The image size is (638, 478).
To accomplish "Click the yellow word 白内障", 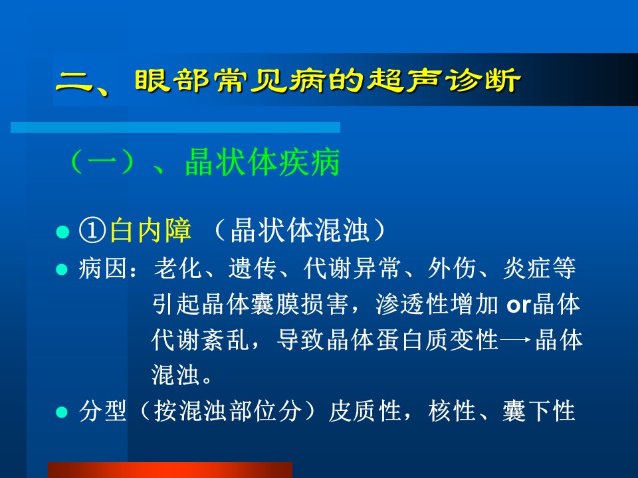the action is [x=151, y=231].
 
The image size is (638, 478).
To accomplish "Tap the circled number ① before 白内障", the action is [x=93, y=231].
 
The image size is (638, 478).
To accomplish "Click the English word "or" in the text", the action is [x=519, y=305].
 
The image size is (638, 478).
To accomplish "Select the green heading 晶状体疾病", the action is [x=262, y=163].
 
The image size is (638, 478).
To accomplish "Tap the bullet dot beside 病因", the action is [x=62, y=270].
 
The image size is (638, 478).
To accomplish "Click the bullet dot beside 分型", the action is [x=62, y=412].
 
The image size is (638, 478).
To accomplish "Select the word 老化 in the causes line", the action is [x=177, y=269].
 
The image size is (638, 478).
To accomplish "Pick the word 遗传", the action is [x=253, y=269].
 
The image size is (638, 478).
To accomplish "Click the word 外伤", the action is [x=452, y=269].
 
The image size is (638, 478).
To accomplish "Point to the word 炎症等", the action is [x=540, y=269].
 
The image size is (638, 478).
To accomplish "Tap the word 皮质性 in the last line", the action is [x=365, y=411].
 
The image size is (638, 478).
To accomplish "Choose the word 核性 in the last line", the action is [x=452, y=411].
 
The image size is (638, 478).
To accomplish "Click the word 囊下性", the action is [x=539, y=411].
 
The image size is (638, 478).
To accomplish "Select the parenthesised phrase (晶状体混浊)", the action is [x=299, y=231].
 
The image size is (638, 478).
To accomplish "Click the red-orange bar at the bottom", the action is [x=170, y=470].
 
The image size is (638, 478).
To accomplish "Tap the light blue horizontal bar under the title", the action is [x=175, y=127].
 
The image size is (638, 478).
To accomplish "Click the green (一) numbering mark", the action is [x=102, y=163].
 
